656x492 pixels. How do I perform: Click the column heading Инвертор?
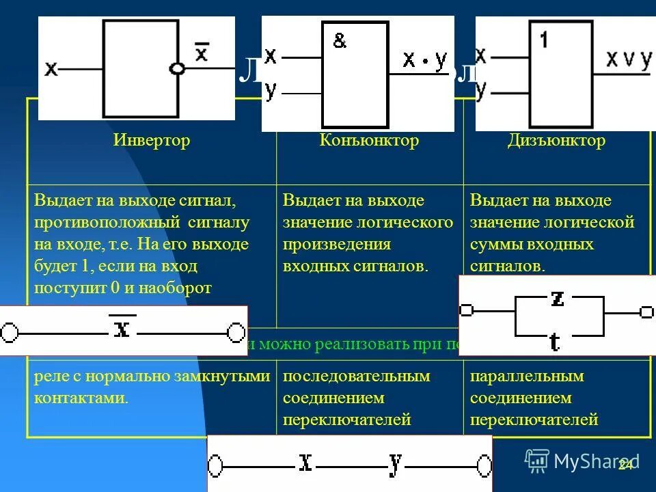point(152,141)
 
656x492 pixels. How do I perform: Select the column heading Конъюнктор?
point(369,141)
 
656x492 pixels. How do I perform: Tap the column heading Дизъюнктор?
point(556,141)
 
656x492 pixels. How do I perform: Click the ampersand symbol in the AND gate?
point(340,42)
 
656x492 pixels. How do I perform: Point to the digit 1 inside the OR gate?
point(543,40)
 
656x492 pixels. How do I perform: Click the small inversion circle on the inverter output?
point(178,68)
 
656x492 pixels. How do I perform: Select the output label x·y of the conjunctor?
point(424,60)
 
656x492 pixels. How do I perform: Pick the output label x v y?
point(629,59)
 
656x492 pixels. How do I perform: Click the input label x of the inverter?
point(51,69)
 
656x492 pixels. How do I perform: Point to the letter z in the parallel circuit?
point(557,299)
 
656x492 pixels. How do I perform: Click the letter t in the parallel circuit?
point(555,340)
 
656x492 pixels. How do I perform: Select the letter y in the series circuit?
point(395,463)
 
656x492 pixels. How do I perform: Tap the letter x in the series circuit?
point(305,463)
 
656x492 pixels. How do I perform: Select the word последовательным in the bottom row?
point(357,377)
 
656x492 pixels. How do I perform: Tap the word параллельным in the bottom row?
point(527,377)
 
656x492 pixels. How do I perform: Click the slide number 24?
point(625,465)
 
